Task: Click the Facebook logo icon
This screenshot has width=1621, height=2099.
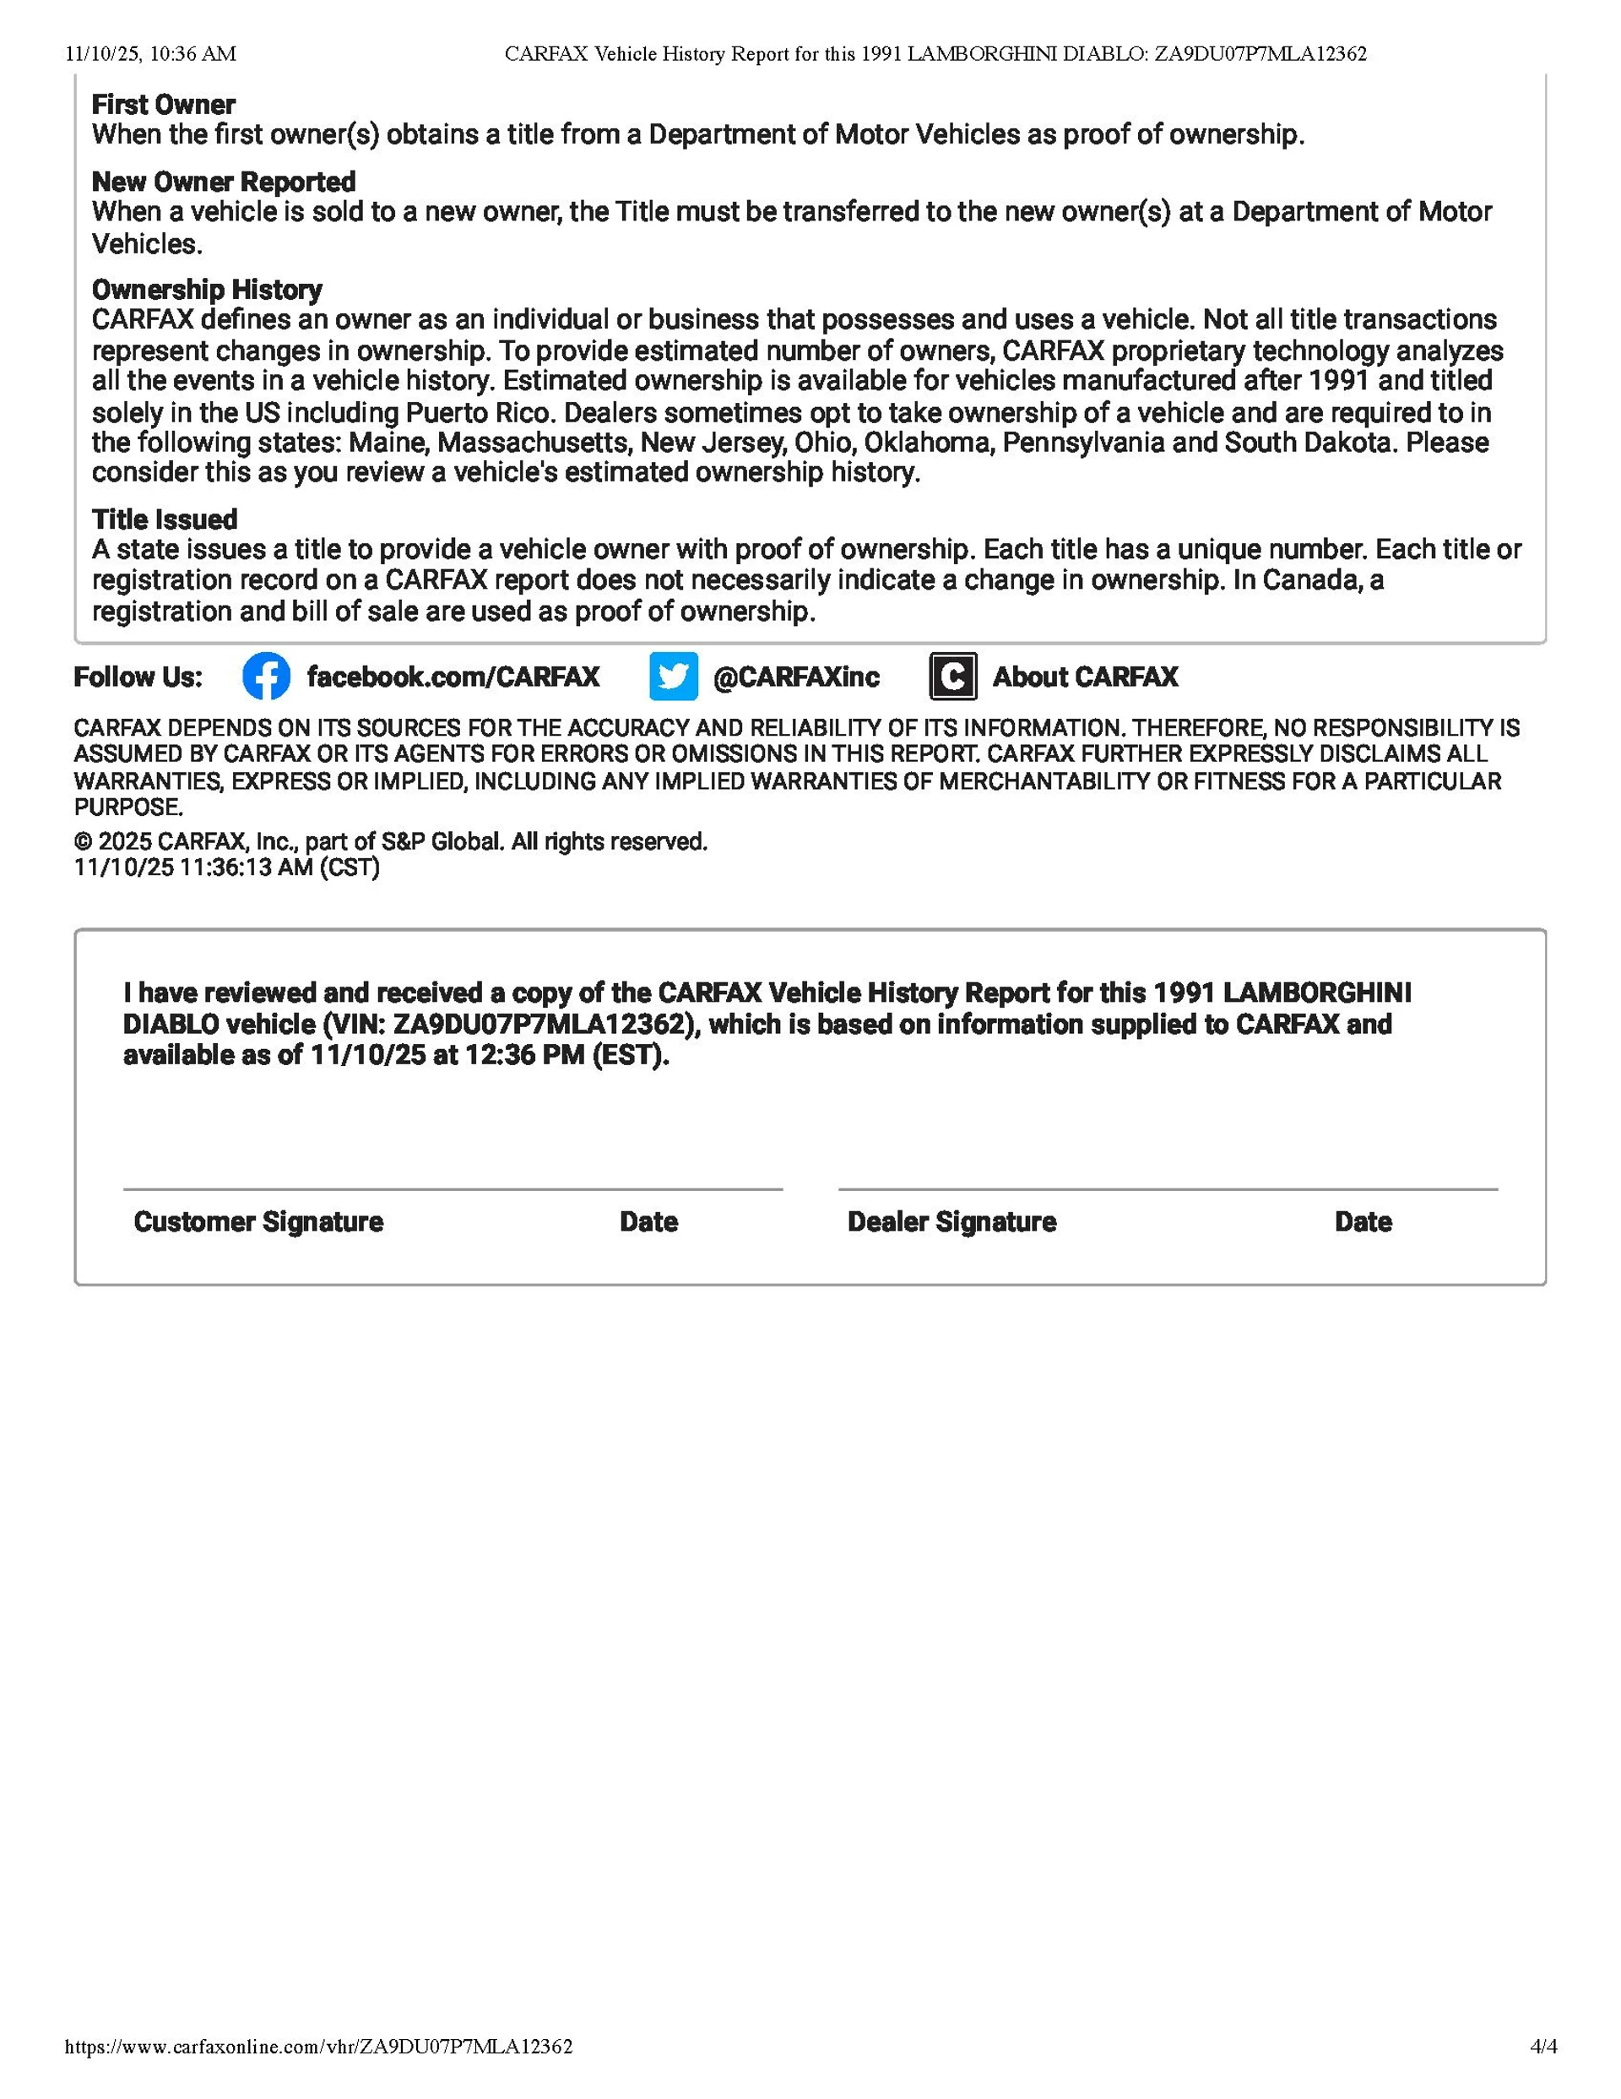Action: point(266,677)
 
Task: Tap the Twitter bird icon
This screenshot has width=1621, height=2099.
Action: point(673,677)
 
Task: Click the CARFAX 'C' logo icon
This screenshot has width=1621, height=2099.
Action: point(952,677)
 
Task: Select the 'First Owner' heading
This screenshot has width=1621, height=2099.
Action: point(163,105)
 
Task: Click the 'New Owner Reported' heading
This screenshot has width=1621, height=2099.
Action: point(223,182)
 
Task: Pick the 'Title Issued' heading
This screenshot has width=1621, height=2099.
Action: point(165,520)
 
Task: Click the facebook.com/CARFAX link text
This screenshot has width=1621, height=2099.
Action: point(453,677)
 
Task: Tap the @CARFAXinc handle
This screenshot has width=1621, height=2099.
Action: point(795,677)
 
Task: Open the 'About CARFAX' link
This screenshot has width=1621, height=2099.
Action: point(1085,677)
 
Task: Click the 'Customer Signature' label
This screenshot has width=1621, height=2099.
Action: point(258,1221)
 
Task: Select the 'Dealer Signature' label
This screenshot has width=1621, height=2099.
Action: point(951,1221)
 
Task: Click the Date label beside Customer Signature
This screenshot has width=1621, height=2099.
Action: point(648,1221)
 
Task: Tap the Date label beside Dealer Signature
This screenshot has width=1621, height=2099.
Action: point(1363,1221)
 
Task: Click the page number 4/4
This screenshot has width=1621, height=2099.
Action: point(1543,2046)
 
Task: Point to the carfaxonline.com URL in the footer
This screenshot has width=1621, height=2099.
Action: point(318,2046)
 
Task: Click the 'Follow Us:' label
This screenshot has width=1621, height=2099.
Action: point(138,677)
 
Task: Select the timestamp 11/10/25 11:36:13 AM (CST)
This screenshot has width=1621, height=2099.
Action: point(227,867)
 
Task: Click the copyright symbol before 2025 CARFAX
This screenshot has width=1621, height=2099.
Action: point(84,842)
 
